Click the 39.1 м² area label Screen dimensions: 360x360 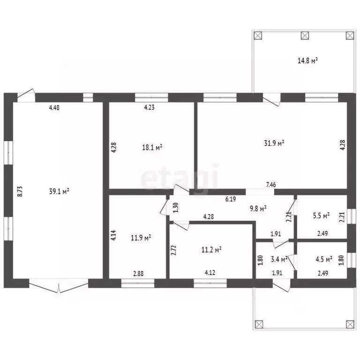(59, 191)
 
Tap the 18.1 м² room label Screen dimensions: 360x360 (152, 147)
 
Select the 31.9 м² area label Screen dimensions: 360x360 (274, 143)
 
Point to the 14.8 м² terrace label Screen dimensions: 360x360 (307, 60)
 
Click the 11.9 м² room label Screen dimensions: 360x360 (141, 238)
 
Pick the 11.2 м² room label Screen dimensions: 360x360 (211, 249)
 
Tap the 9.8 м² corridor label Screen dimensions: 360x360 (258, 209)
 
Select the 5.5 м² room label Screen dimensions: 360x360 (321, 216)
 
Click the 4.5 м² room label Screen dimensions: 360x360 (324, 259)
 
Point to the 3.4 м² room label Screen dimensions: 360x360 (279, 260)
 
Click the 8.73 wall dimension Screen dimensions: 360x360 (20, 191)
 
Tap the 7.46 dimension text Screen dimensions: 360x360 (270, 185)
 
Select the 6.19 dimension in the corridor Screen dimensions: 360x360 (231, 199)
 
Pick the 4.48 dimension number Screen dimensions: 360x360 (54, 107)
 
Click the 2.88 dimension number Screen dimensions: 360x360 (138, 274)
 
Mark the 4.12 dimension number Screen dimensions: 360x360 (210, 272)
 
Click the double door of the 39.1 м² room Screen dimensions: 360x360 (59, 286)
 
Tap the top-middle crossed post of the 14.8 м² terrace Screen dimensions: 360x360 (305, 36)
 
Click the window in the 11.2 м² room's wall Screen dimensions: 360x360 (210, 283)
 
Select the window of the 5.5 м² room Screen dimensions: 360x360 (351, 216)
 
